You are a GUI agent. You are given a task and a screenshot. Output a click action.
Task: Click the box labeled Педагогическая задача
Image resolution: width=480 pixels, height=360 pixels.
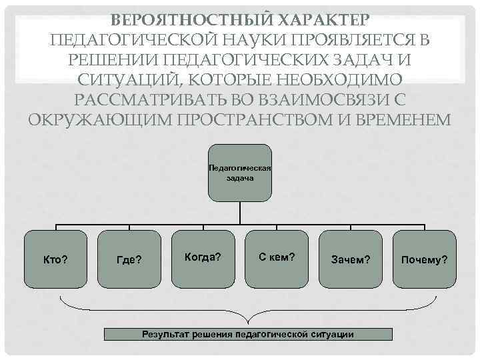[239, 173]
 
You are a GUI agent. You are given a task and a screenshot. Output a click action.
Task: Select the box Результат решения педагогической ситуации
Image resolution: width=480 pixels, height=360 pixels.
[247, 334]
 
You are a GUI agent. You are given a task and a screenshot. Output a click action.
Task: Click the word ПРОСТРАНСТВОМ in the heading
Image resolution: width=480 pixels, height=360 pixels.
[257, 121]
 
